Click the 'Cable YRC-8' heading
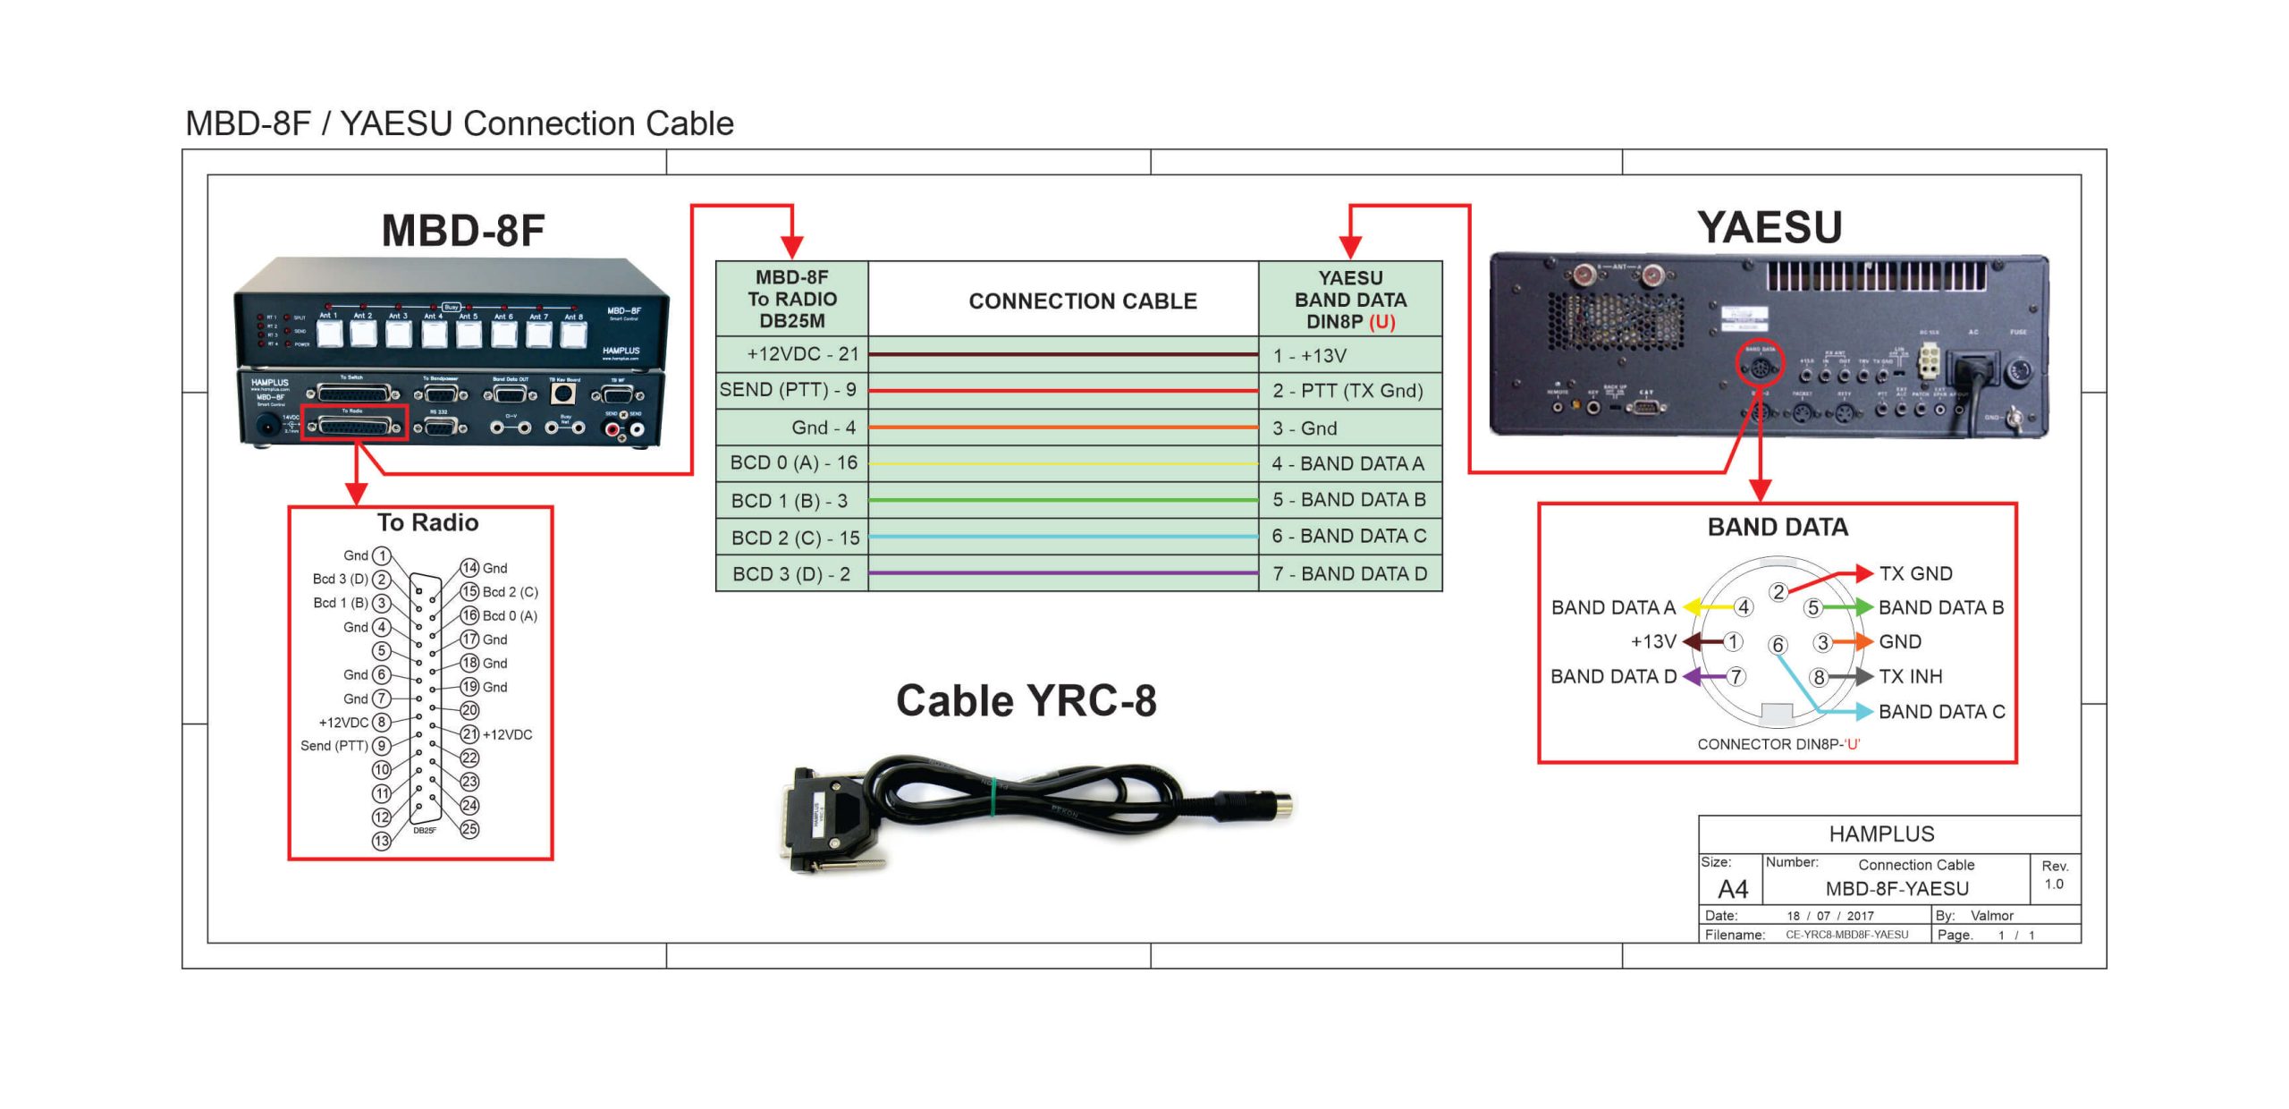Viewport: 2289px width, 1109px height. pyautogui.click(x=1026, y=700)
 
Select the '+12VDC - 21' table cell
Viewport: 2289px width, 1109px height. pyautogui.click(x=792, y=354)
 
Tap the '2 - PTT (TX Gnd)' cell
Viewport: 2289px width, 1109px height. pyautogui.click(x=1349, y=391)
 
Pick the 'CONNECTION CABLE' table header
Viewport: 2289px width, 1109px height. pyautogui.click(x=1082, y=301)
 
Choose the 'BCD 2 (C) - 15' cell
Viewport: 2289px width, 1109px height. pyautogui.click(x=792, y=538)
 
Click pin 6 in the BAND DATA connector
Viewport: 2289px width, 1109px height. pyautogui.click(x=1778, y=645)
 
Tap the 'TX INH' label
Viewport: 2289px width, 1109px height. pyautogui.click(x=1910, y=676)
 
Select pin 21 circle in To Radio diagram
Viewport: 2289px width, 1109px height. pyautogui.click(x=469, y=734)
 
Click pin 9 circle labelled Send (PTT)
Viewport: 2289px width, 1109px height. pyautogui.click(x=382, y=746)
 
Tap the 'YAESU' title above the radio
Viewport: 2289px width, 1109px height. pyautogui.click(x=1770, y=227)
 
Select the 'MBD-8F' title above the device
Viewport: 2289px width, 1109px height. pyautogui.click(x=463, y=231)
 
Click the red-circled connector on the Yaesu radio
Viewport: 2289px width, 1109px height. pyautogui.click(x=1759, y=363)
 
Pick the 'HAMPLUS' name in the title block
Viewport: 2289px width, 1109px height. pyautogui.click(x=1881, y=834)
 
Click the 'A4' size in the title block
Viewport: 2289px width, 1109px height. pyautogui.click(x=1732, y=889)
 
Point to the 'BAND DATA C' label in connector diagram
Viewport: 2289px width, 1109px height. pyautogui.click(x=1941, y=712)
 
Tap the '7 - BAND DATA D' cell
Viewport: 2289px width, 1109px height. pyautogui.click(x=1349, y=573)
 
